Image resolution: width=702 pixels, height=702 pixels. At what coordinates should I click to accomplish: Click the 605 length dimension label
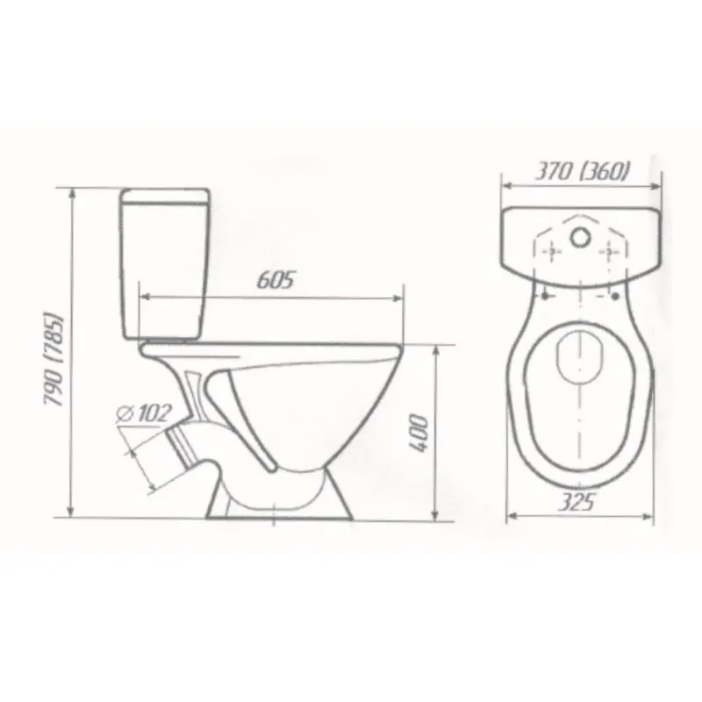(276, 280)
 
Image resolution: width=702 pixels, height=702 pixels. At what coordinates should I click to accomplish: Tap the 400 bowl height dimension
(419, 433)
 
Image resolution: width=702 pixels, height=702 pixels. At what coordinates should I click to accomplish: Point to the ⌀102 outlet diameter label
(143, 413)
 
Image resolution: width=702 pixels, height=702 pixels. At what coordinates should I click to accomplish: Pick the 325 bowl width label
(577, 502)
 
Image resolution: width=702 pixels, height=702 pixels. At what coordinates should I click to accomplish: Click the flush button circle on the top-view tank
(580, 237)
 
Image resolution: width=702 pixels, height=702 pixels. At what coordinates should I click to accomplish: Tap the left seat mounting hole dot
(545, 296)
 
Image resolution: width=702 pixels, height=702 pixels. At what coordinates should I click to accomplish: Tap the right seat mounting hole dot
(615, 296)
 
